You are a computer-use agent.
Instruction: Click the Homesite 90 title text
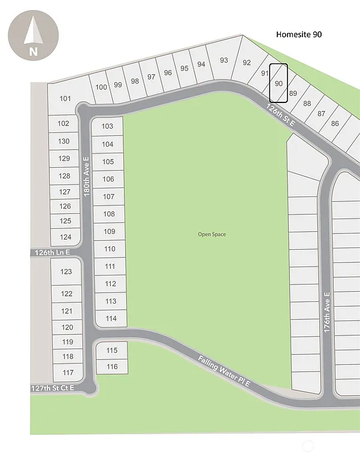298,35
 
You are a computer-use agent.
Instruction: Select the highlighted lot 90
279,83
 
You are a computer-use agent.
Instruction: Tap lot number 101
65,99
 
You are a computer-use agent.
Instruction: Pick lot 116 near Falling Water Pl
112,367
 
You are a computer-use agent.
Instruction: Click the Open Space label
212,234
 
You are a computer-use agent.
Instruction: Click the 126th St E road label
282,113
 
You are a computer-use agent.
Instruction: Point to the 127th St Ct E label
53,388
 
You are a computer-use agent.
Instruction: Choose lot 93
224,60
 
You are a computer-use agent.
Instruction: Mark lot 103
108,126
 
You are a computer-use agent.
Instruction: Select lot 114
111,319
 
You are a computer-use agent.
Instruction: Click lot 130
65,141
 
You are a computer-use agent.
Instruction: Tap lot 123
66,272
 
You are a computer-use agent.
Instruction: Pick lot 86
335,124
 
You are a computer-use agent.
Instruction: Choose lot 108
109,214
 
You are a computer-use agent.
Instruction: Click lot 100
101,87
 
